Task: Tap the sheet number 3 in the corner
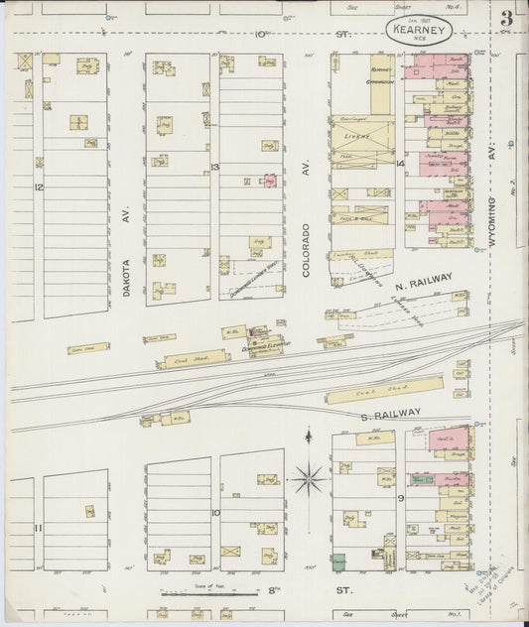[506, 18]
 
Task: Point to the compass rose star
[309, 480]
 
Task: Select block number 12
[39, 187]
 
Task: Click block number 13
[214, 168]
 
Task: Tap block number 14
[400, 162]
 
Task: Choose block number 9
[400, 498]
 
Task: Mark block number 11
[38, 528]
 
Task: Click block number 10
[214, 513]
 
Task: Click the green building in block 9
[339, 561]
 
